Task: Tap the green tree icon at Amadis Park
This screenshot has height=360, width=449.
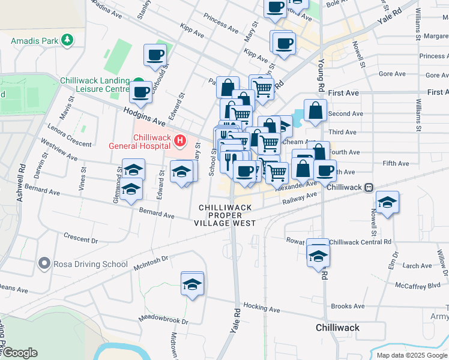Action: tap(68, 40)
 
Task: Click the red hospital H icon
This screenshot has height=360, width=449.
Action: tap(179, 141)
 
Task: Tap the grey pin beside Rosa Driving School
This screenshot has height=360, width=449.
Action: tap(44, 263)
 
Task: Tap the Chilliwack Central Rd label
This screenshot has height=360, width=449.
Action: tap(360, 242)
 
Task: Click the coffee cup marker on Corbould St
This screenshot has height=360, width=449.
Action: tap(155, 55)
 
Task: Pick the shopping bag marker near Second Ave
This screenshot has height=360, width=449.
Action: tap(315, 110)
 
